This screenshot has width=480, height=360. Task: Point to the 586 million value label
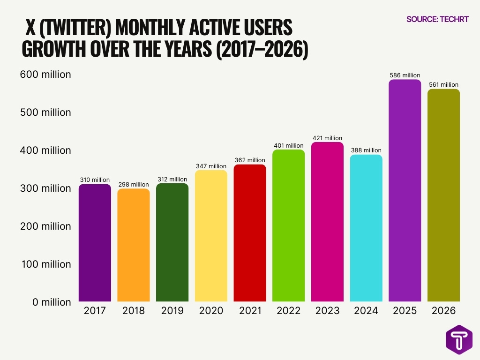coord(405,75)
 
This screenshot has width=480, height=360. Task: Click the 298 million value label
coord(134,184)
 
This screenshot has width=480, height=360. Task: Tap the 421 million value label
coord(327,138)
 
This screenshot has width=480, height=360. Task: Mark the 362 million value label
coord(250,160)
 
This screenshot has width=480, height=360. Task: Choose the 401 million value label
coord(288,145)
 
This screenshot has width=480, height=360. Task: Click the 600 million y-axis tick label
coord(45,75)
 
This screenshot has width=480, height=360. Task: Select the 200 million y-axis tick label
coord(45,226)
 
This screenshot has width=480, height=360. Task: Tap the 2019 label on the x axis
coord(172,311)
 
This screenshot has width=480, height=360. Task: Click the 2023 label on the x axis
coord(327,311)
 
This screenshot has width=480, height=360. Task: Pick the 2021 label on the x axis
coord(250,311)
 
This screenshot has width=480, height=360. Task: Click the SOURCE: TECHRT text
coord(437,19)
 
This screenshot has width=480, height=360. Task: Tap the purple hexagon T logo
coord(459,339)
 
